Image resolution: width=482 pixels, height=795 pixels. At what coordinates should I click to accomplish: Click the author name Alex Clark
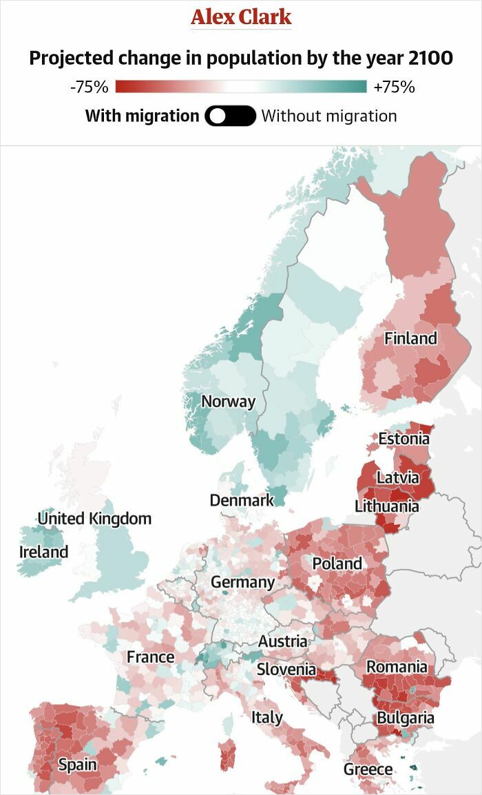point(241,17)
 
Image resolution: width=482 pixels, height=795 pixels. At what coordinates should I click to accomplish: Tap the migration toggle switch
point(230,116)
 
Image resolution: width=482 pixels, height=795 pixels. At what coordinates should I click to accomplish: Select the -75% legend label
point(90,87)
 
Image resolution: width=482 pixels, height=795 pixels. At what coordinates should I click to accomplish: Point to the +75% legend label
point(394,87)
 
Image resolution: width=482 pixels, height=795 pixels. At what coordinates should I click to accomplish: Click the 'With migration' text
point(142,116)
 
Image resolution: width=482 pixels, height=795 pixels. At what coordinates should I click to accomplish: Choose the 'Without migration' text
point(329,116)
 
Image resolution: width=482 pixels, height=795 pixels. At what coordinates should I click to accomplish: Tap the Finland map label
point(410,338)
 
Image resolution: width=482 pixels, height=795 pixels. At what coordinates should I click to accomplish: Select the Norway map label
point(228,401)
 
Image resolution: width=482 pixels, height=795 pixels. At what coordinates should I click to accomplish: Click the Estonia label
point(404,438)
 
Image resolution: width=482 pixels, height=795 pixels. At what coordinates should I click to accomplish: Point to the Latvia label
point(397,477)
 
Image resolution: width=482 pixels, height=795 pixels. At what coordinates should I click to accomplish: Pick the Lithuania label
point(386,506)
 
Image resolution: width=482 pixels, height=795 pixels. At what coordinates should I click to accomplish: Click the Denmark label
point(242,500)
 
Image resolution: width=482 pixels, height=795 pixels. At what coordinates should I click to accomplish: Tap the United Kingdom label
point(94,518)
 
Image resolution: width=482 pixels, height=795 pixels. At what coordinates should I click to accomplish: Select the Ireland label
point(43,552)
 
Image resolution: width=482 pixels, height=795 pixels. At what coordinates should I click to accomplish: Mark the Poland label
point(337,564)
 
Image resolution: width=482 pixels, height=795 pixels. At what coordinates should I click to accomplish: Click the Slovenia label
point(286,669)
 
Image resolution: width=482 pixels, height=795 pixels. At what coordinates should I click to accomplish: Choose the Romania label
point(397,667)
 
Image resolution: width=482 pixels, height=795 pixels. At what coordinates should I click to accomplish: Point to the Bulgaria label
point(405,718)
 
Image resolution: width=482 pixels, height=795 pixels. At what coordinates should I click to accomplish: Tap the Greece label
point(368,769)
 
